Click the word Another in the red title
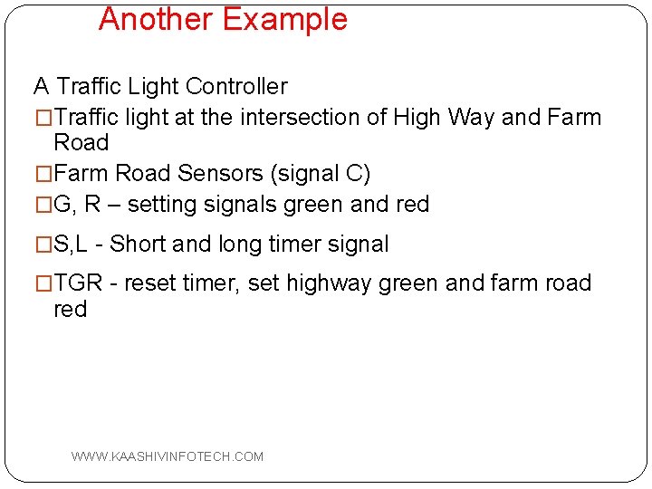coord(156,19)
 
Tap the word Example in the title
coord(285,19)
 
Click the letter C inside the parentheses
coord(354,173)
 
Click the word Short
coord(138,244)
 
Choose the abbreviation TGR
coord(79,283)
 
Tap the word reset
coord(149,283)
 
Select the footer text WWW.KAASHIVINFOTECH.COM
coord(168,456)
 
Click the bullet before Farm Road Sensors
coord(43,173)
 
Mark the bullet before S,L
coord(43,244)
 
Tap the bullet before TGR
coord(43,283)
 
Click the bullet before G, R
coord(43,205)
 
